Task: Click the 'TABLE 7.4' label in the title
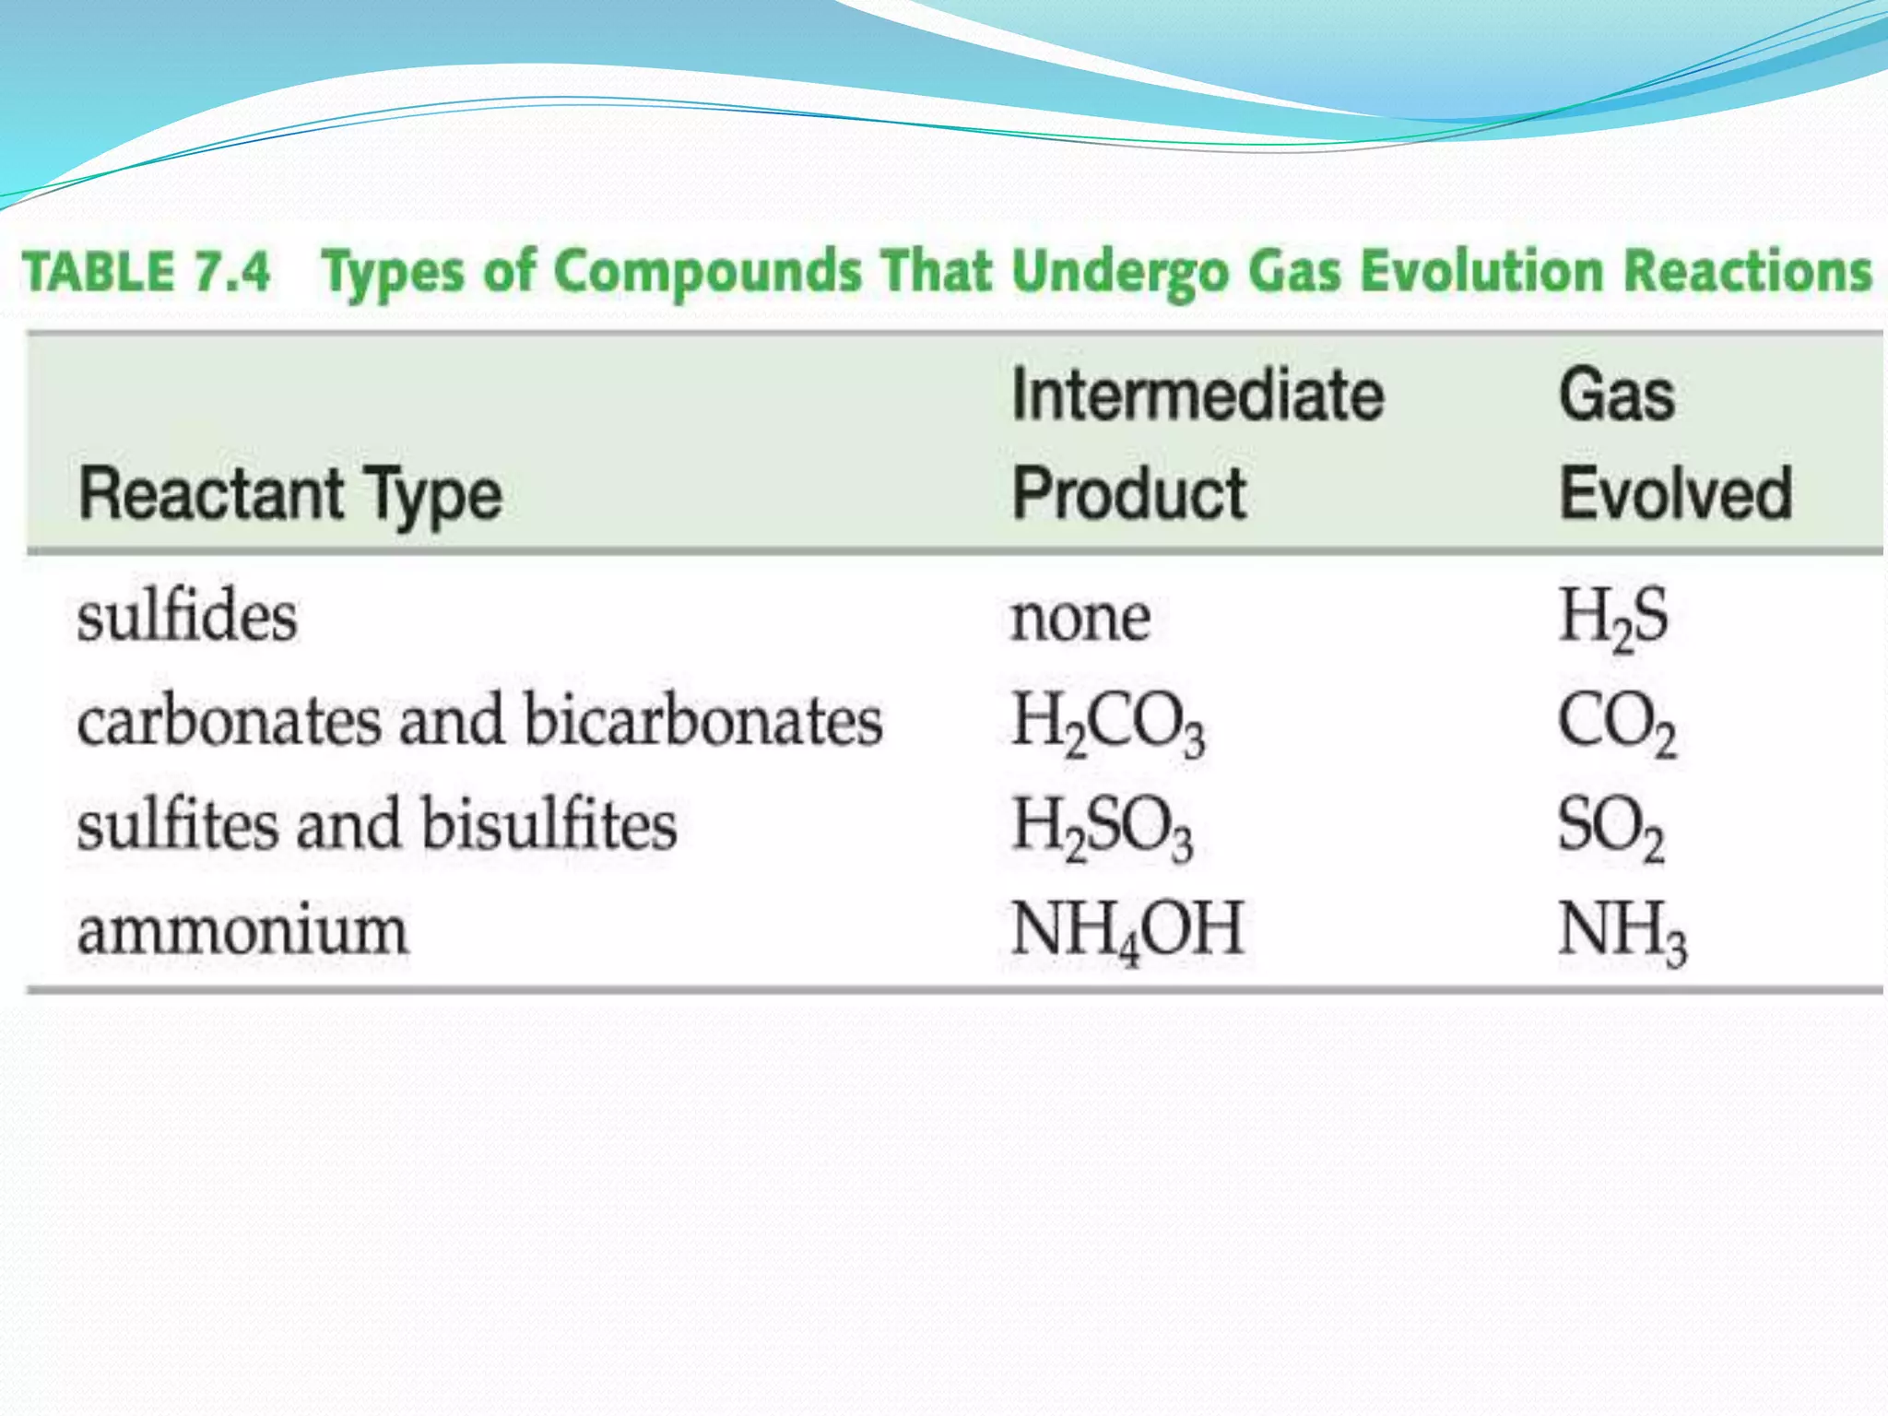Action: click(147, 273)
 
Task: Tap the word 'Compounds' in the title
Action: click(708, 273)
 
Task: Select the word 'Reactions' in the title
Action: click(1747, 271)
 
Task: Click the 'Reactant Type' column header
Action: click(290, 495)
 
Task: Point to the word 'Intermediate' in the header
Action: click(1198, 395)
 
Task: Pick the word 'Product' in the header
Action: click(1128, 494)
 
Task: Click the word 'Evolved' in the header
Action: click(1675, 494)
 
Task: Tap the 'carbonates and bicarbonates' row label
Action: click(479, 721)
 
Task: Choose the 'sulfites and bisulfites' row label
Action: click(377, 825)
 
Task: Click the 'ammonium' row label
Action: click(242, 930)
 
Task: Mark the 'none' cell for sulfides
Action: click(1080, 618)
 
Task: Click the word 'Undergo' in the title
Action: click(1120, 273)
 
